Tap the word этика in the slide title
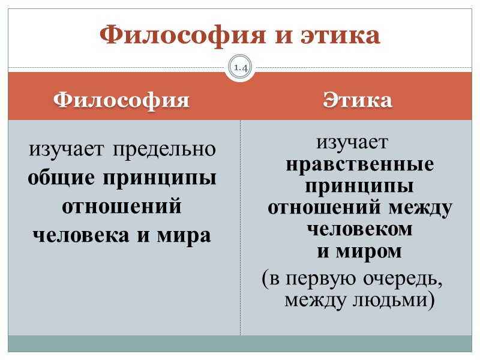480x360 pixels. [x=338, y=35]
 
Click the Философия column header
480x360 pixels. [x=122, y=100]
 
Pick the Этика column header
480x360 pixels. [x=358, y=100]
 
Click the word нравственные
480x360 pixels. [x=359, y=165]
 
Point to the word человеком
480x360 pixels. [x=359, y=230]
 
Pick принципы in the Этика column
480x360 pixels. [x=359, y=187]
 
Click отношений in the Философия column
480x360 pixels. [x=122, y=207]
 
